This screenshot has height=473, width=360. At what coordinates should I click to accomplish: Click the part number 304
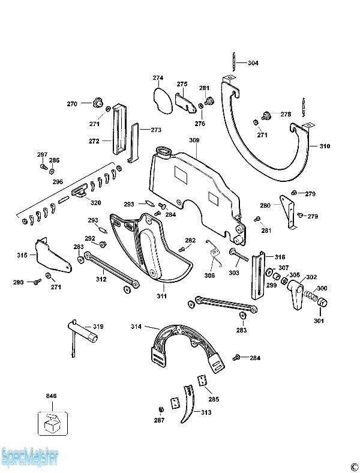(253, 63)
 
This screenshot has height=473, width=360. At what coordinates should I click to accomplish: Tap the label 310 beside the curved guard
(325, 146)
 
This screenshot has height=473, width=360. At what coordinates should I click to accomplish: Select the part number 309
(194, 140)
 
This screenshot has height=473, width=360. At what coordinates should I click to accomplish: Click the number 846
(51, 396)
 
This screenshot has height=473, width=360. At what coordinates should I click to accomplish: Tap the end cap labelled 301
(322, 302)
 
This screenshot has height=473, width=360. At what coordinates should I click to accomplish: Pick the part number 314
(136, 327)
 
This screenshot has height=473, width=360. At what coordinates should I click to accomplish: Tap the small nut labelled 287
(160, 409)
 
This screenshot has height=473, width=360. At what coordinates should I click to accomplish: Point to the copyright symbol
(353, 465)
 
